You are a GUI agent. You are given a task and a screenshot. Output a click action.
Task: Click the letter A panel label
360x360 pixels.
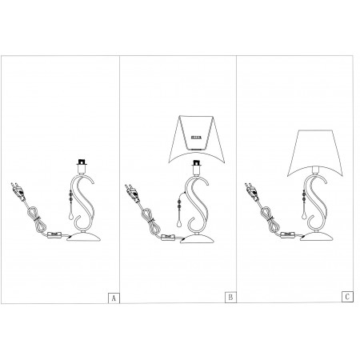(x=114, y=298)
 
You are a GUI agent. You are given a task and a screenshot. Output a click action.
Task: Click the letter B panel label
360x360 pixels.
(x=230, y=297)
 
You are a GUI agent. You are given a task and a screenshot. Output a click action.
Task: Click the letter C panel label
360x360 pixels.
(x=347, y=297)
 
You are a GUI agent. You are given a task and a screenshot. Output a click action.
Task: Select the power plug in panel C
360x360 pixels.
(x=251, y=191)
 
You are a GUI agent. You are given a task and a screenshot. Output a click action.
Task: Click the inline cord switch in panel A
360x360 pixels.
(x=54, y=235)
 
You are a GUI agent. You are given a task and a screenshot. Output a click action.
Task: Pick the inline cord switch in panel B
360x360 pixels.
(x=168, y=237)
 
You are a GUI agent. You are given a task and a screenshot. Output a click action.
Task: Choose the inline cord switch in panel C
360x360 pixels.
(x=287, y=235)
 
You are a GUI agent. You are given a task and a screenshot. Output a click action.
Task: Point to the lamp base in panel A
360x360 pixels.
(x=84, y=237)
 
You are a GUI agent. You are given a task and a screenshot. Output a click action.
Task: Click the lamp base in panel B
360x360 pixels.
(x=198, y=238)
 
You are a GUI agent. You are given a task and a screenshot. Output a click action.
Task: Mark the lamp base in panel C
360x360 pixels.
(x=317, y=237)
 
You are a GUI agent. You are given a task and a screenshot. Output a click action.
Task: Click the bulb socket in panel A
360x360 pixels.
(x=82, y=166)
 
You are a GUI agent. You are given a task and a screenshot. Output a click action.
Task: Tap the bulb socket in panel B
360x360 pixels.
(x=197, y=168)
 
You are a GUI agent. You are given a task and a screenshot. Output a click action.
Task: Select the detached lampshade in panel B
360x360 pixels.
(x=197, y=139)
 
